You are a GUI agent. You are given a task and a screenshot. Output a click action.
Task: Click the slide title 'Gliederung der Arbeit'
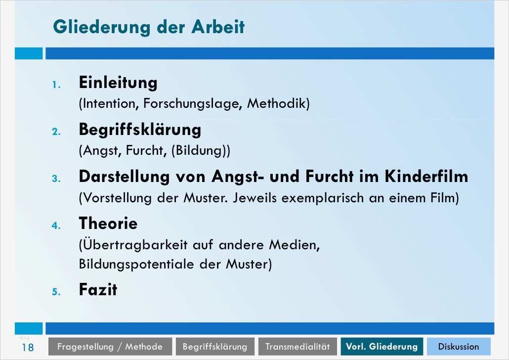coord(148,27)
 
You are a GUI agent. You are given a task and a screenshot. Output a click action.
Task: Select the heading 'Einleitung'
coord(118,83)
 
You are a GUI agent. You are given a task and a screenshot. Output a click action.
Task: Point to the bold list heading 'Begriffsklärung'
coord(140,130)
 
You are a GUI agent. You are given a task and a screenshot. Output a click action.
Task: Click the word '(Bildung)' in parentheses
coord(201,151)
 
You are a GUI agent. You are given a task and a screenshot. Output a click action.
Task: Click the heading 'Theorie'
coord(108,224)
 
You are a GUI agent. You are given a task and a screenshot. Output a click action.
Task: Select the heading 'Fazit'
coord(98,289)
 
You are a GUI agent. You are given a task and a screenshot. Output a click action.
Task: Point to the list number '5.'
coord(56,291)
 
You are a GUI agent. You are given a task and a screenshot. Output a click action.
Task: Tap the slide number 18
coord(27,347)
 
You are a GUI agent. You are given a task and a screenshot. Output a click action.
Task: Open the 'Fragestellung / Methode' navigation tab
coord(110,347)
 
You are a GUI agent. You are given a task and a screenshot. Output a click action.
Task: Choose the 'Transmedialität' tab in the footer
coord(297,347)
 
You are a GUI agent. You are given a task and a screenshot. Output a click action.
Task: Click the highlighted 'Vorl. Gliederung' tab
coord(382,347)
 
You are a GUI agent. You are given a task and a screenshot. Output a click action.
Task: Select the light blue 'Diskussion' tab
coord(458,347)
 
